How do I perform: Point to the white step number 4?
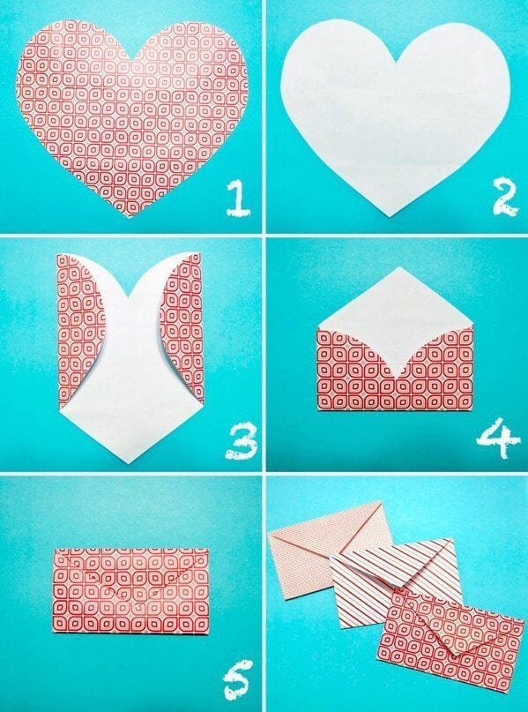point(498,438)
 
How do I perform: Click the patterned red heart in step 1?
point(132,106)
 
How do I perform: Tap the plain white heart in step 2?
point(397,115)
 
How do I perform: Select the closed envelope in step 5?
point(130,590)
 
